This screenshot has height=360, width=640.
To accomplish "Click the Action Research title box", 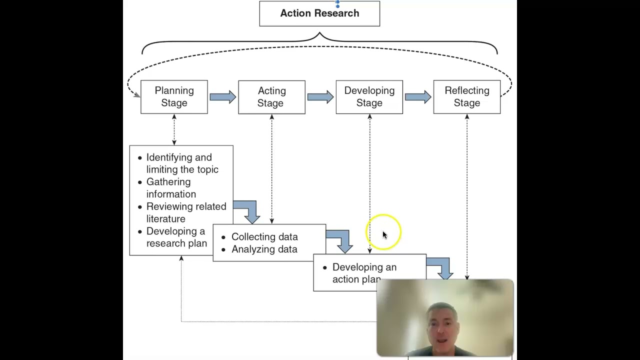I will coord(319,13).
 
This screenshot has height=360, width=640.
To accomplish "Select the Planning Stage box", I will coord(174,97).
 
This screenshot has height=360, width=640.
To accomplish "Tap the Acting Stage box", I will coord(271,97).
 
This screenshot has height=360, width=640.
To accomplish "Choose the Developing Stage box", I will coord(369,97).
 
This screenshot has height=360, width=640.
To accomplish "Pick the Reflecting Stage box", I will coord(466,97).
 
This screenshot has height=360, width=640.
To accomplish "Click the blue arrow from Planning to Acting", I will coord(222,96).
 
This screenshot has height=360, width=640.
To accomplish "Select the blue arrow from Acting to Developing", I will coord(320,96).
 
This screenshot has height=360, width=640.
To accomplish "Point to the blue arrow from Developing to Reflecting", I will coord(417,96).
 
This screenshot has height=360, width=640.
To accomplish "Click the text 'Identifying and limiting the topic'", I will coord(182,163).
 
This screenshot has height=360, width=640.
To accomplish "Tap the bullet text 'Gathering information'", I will coord(171,188).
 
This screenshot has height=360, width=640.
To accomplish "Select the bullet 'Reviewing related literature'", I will coord(186,212).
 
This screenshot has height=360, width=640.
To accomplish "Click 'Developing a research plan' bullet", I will coord(176,237).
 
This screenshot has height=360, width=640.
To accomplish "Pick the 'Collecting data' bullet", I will coord(264,237).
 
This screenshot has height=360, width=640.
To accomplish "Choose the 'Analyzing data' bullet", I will coord(264,249).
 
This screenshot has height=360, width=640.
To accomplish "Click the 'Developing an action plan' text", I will coord(364,273).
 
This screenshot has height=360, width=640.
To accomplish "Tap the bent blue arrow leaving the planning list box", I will coord(248,210).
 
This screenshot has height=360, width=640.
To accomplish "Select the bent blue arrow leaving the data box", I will coord(341,240).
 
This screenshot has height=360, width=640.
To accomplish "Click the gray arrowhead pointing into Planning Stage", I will coord(136,95).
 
